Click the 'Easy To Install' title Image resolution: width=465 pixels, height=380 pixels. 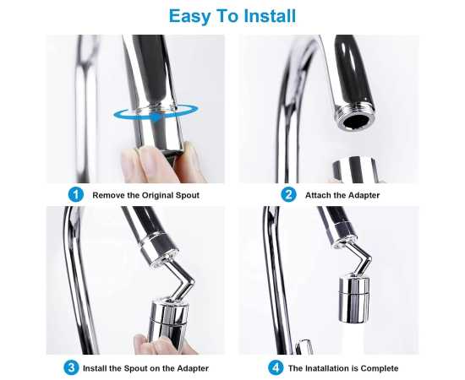pyautogui.click(x=232, y=16)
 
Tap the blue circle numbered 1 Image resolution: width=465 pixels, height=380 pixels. pyautogui.click(x=76, y=194)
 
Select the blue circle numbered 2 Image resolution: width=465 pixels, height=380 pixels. pyautogui.click(x=288, y=194)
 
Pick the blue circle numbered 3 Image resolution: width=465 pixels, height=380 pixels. pyautogui.click(x=71, y=368)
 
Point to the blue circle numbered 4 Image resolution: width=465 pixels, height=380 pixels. pyautogui.click(x=276, y=368)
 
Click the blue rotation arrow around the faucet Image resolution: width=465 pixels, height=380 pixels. pyautogui.click(x=156, y=113)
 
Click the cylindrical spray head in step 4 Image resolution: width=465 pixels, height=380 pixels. pyautogui.click(x=354, y=300)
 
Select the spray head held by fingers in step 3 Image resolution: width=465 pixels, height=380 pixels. pyautogui.click(x=169, y=322)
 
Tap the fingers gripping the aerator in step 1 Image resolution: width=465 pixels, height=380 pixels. pyautogui.click(x=161, y=162)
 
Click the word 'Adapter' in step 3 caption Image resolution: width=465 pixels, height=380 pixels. pyautogui.click(x=193, y=368)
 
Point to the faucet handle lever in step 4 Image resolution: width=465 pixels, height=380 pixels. pyautogui.click(x=304, y=346)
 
